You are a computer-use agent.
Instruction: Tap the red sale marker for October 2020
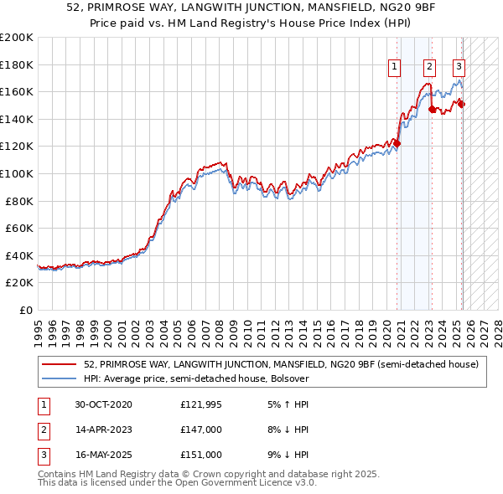tap(397, 143)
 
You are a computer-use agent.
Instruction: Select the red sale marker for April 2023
tap(432, 109)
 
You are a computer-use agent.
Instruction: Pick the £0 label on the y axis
tap(27, 310)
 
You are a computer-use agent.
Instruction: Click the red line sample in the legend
tap(60, 364)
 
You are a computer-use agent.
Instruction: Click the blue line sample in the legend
tap(60, 378)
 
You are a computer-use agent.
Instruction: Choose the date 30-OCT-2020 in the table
tap(103, 405)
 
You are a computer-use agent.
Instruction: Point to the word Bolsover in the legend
tap(289, 378)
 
